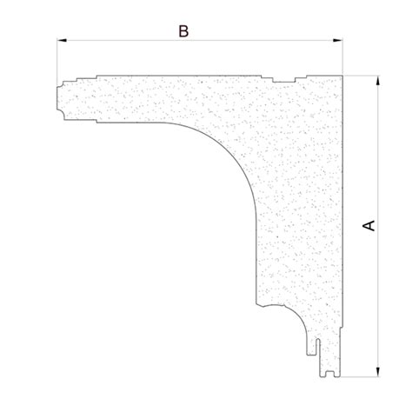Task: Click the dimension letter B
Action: tap(183, 30)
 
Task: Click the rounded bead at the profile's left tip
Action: tap(62, 98)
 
